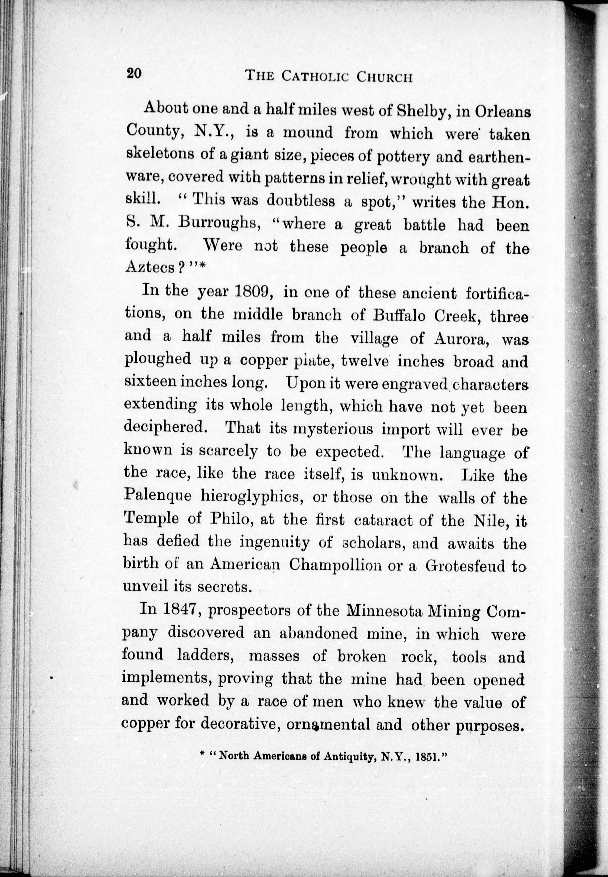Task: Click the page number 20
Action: [x=134, y=73]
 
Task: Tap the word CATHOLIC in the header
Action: [x=315, y=76]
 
